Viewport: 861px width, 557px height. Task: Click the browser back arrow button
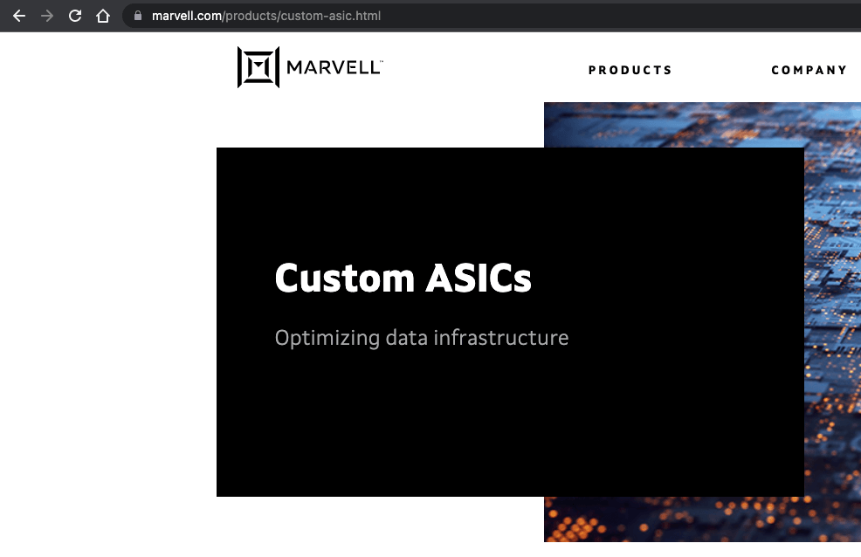[x=18, y=16]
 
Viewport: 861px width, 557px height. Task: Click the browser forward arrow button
[x=46, y=16]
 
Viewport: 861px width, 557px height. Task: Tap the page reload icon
[x=75, y=16]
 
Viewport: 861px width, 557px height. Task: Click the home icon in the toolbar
[x=103, y=16]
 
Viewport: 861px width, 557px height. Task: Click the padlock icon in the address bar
[x=137, y=16]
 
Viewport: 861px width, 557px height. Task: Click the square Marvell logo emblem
[x=258, y=67]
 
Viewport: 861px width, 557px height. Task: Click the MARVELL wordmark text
[x=332, y=67]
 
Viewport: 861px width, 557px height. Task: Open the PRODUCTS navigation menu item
[x=630, y=70]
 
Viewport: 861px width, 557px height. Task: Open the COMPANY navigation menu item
[x=809, y=70]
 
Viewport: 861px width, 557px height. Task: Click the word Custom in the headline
[x=344, y=278]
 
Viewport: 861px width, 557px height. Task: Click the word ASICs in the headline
[x=479, y=278]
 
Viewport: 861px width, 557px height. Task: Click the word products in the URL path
[x=251, y=16]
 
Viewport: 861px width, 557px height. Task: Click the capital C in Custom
[x=287, y=278]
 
